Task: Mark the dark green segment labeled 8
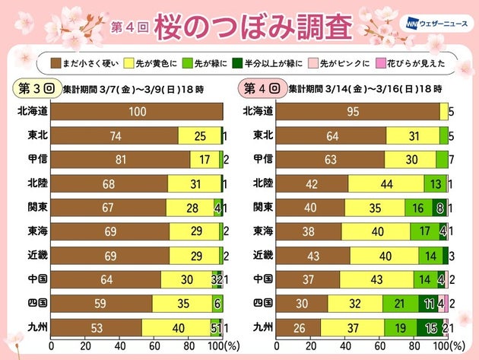pos(439,206)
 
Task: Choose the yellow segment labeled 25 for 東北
pos(198,135)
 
